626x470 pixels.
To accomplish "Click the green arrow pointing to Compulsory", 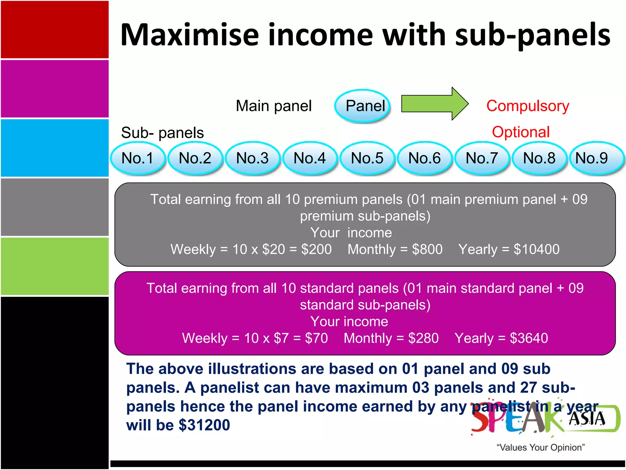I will click(434, 104).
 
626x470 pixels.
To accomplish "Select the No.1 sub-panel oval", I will click(138, 158).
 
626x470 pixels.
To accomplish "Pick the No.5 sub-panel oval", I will click(367, 158).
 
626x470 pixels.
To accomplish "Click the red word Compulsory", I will click(528, 106).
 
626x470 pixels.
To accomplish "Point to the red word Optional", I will click(521, 132).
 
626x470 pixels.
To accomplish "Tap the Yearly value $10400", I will click(536, 249).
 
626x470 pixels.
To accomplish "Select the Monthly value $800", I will click(427, 249).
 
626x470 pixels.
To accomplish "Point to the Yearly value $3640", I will click(529, 338).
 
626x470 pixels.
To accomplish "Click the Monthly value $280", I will click(423, 338).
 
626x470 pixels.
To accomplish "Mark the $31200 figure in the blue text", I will click(204, 425).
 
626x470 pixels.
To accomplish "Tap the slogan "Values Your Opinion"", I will click(540, 447).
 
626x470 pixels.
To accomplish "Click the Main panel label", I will click(274, 106).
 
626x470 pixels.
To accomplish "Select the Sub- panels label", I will click(162, 133).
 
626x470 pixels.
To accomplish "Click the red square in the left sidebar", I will click(55, 29).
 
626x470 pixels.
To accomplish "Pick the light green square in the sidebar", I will click(55, 266).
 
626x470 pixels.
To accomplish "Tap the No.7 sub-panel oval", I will click(482, 158).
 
